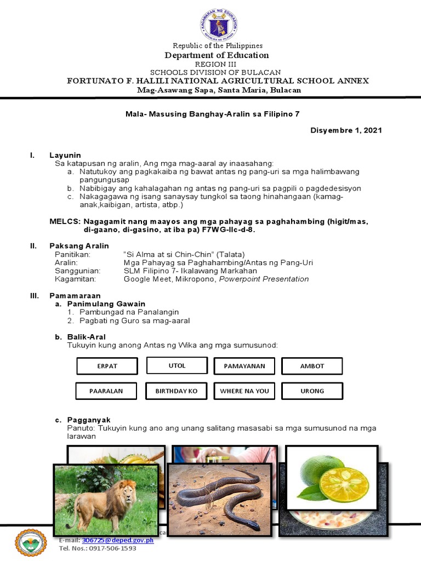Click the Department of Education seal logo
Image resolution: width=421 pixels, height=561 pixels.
coord(218,25)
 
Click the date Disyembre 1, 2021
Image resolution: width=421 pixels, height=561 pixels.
coord(346,130)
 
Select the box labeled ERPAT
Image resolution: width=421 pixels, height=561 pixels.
coord(107,366)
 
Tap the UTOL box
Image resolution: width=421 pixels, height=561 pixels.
coord(177,365)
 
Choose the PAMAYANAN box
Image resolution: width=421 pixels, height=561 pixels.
coord(244,366)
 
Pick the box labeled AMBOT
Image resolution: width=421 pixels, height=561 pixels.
coord(312,366)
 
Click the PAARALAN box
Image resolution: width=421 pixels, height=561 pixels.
coord(106,391)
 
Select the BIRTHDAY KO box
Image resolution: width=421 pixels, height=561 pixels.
coord(176,391)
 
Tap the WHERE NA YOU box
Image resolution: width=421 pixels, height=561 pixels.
coord(244,391)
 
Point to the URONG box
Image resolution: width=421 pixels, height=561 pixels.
coord(312,391)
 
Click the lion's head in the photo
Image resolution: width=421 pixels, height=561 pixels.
coord(127,490)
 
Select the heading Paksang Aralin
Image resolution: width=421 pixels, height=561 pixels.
coord(79,246)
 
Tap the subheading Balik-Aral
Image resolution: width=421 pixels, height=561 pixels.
coord(86,337)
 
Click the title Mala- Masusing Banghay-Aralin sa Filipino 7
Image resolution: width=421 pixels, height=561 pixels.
coord(210,114)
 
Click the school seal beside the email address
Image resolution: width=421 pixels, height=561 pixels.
coord(32,543)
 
